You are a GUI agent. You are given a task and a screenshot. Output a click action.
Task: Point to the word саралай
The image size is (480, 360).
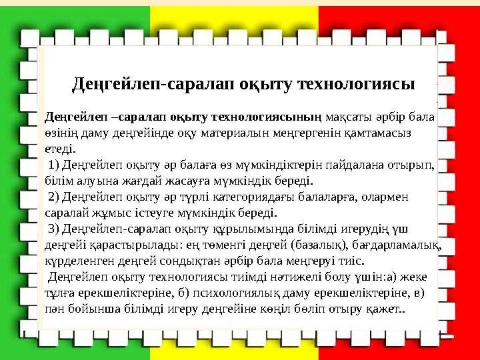coord(65,213)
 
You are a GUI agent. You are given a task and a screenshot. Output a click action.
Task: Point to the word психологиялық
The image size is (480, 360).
coord(247,293)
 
